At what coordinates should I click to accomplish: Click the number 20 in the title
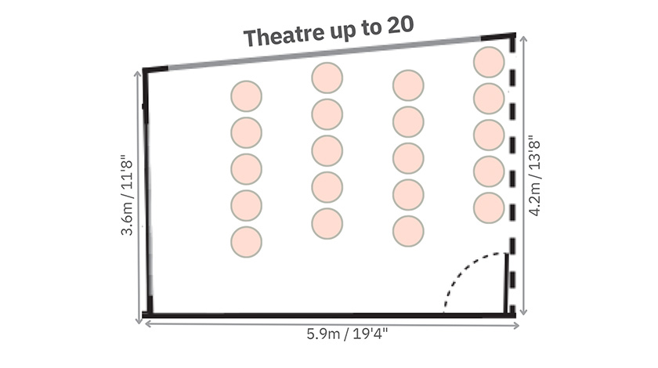point(396,26)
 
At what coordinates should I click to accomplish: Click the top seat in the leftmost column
point(246,96)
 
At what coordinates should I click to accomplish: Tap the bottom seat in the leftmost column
point(246,241)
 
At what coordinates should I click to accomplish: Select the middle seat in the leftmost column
point(246,169)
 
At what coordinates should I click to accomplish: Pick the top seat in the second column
point(327,78)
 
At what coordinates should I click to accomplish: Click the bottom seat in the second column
point(327,223)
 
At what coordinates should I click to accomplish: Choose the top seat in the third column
point(408,85)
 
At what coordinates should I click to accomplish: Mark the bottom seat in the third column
point(408,230)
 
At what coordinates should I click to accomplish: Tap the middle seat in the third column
point(408,158)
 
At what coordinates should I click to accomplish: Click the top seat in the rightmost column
point(489,62)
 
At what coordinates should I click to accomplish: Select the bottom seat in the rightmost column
point(489,207)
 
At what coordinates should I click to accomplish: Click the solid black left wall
point(146,196)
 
